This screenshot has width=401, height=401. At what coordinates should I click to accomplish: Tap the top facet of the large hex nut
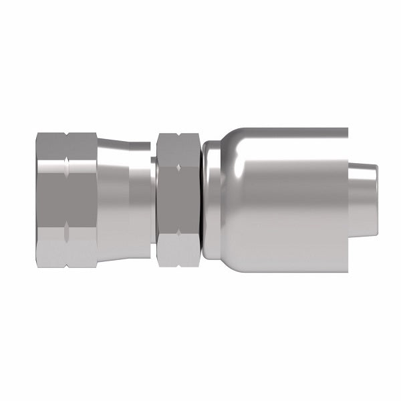coord(67,150)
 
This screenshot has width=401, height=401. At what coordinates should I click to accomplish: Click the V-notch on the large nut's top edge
coord(68,134)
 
